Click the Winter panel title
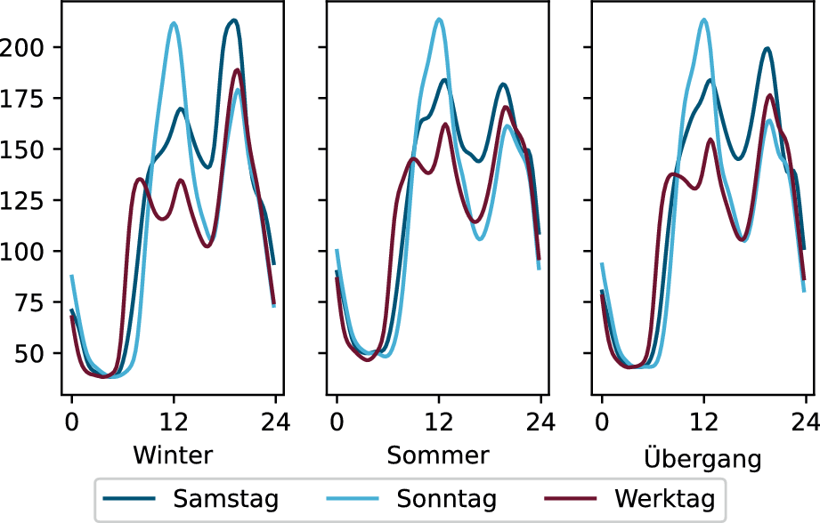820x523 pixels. [173, 455]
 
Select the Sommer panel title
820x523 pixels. [438, 455]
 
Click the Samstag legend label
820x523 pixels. [226, 499]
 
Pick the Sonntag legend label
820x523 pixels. [447, 499]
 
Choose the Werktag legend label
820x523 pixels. [665, 499]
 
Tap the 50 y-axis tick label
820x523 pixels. [30, 354]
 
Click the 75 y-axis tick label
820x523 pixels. [30, 302]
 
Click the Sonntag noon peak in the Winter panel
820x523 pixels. [174, 23]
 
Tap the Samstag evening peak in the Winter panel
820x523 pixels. [234, 20]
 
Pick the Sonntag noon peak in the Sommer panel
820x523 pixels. [439, 20]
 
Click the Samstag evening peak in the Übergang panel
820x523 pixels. [767, 49]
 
